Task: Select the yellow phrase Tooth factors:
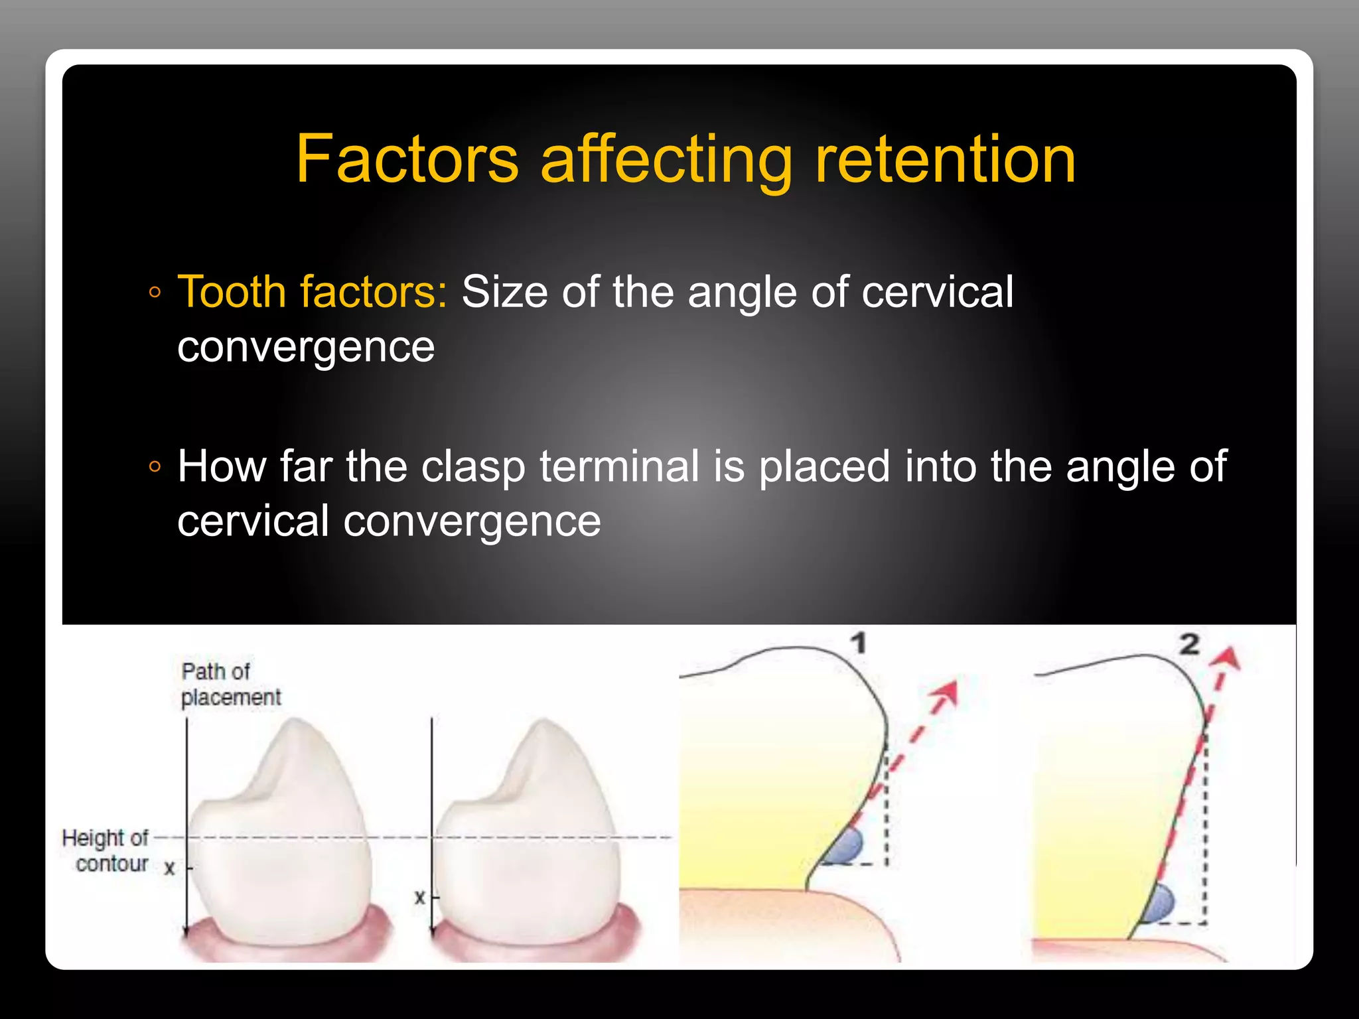[313, 292]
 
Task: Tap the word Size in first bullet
[504, 292]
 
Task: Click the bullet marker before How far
[155, 467]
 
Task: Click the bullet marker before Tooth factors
[155, 293]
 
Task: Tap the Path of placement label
[230, 684]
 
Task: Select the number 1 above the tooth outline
[858, 643]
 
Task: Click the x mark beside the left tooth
[170, 868]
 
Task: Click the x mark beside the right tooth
[419, 898]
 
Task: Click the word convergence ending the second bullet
[472, 521]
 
